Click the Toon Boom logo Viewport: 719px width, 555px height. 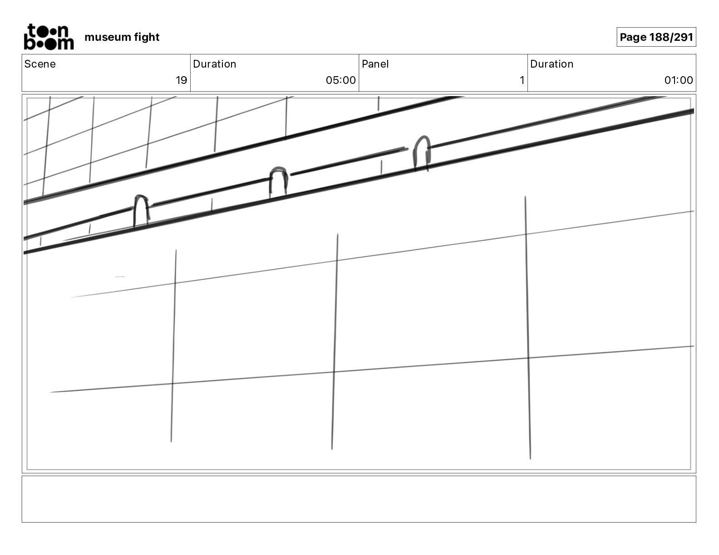(x=48, y=37)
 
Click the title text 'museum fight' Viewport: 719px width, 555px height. (x=122, y=37)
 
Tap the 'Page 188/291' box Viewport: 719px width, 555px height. (x=656, y=37)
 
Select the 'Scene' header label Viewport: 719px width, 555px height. (x=40, y=64)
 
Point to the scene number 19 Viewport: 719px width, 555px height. (x=181, y=80)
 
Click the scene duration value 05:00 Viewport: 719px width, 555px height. (x=340, y=80)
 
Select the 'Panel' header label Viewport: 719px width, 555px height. (x=375, y=64)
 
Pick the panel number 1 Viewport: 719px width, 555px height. (x=522, y=80)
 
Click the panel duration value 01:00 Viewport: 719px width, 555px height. (x=679, y=80)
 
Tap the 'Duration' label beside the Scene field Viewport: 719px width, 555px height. (x=214, y=64)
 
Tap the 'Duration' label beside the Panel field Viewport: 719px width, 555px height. (x=552, y=64)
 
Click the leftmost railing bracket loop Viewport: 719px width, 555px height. (x=141, y=209)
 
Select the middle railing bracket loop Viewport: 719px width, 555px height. (x=278, y=180)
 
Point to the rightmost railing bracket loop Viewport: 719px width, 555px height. (x=422, y=152)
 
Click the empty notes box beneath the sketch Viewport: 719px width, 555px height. (x=359, y=499)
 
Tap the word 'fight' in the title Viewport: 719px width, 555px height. (x=147, y=37)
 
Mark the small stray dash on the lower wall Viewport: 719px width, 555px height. (x=119, y=276)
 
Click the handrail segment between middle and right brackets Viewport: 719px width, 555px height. (x=347, y=161)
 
